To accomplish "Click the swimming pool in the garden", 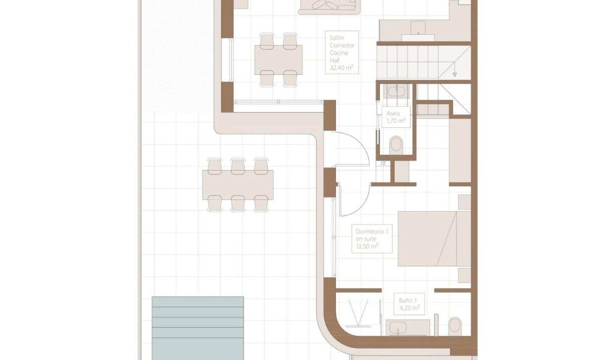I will [x=197, y=327].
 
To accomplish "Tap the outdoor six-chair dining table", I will [x=238, y=184].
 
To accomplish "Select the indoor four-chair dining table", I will [x=278, y=59].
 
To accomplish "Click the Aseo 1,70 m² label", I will [x=396, y=117].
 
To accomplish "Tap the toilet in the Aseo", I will [x=397, y=145].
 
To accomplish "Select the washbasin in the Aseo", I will [x=396, y=92].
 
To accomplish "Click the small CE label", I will [x=383, y=163].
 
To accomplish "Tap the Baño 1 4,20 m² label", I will [x=409, y=304].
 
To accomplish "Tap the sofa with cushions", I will [x=328, y=5].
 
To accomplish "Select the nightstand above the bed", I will [x=464, y=202].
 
